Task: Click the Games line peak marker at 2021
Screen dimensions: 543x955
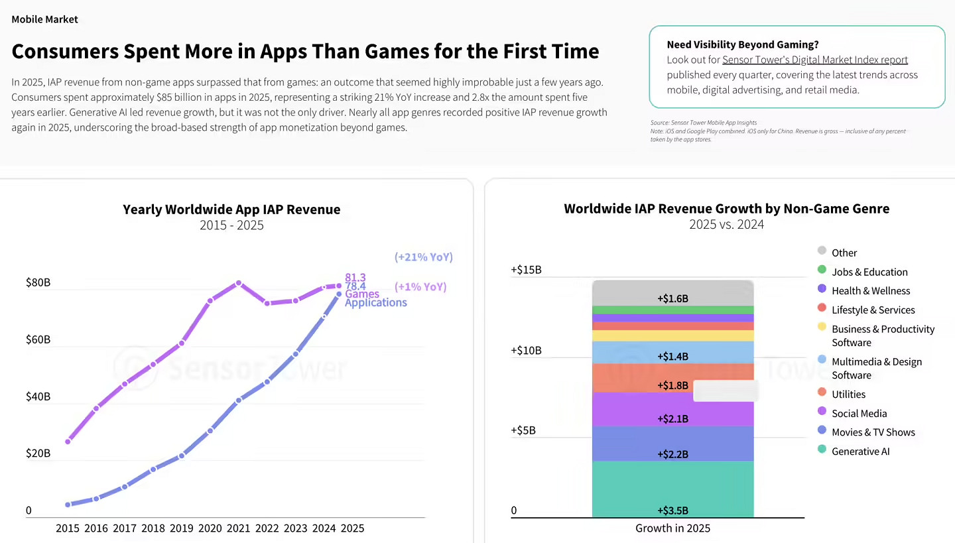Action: coord(239,283)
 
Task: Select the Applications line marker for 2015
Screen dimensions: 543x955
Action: coord(68,505)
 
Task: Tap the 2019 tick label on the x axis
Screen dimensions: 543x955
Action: coord(182,528)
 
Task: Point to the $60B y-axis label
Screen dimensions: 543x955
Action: coord(38,339)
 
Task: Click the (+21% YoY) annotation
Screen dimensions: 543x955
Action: coord(423,257)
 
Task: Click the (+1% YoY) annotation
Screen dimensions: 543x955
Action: coord(420,287)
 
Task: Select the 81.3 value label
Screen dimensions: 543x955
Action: coord(355,277)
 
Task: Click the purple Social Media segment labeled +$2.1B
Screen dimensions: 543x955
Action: coord(672,410)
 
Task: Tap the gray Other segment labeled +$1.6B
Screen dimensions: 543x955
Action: coord(672,293)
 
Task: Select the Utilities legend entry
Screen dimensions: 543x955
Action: coord(848,394)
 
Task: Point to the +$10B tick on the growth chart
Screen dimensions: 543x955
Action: coord(526,350)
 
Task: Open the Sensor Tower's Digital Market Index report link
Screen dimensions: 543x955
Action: coord(814,60)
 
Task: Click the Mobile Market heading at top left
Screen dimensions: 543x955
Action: coord(44,19)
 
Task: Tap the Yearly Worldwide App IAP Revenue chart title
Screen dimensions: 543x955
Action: coord(231,210)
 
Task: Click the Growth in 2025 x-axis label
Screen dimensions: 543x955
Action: coord(672,528)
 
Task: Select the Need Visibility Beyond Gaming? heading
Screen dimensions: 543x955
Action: coord(742,44)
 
